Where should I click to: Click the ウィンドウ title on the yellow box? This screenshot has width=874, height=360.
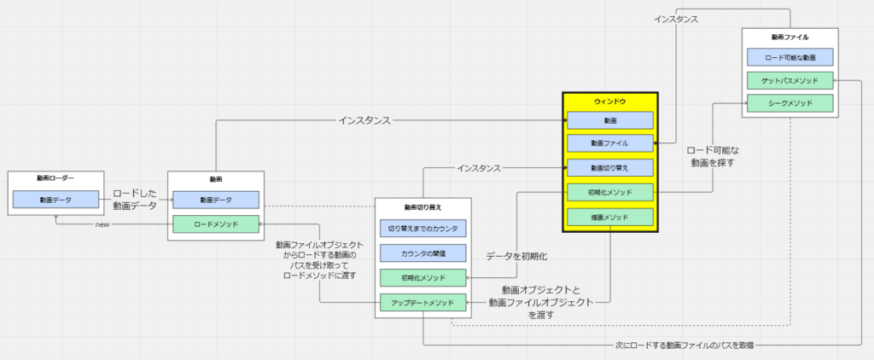tap(609, 102)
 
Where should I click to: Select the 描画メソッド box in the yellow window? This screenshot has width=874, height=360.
tap(609, 218)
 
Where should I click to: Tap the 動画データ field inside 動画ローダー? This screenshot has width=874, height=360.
tap(56, 200)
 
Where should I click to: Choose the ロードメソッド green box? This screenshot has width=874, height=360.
tap(215, 224)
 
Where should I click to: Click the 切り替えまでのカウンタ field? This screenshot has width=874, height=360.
tap(422, 229)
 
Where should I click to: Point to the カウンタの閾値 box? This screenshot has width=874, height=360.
tap(422, 253)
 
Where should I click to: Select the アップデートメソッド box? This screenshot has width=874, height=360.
tap(422, 302)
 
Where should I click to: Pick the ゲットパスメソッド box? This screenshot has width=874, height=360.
tap(790, 81)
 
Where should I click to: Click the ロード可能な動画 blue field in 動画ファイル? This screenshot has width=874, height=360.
tap(790, 57)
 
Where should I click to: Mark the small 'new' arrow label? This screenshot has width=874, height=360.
tap(102, 224)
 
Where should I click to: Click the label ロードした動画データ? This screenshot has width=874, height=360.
tap(134, 199)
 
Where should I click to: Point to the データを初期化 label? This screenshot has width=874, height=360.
tap(516, 256)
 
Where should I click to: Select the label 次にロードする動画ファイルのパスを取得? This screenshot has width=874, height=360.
tap(685, 345)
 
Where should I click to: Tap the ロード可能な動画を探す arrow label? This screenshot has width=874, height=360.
tap(713, 155)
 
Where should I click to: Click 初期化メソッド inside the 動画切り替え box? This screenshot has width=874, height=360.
tap(422, 277)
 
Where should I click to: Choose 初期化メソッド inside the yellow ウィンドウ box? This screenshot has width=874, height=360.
tap(609, 193)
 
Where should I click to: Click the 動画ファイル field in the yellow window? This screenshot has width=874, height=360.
tap(609, 143)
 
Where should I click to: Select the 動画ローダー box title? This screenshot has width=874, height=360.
tap(56, 178)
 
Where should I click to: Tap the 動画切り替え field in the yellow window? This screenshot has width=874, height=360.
tap(609, 168)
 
